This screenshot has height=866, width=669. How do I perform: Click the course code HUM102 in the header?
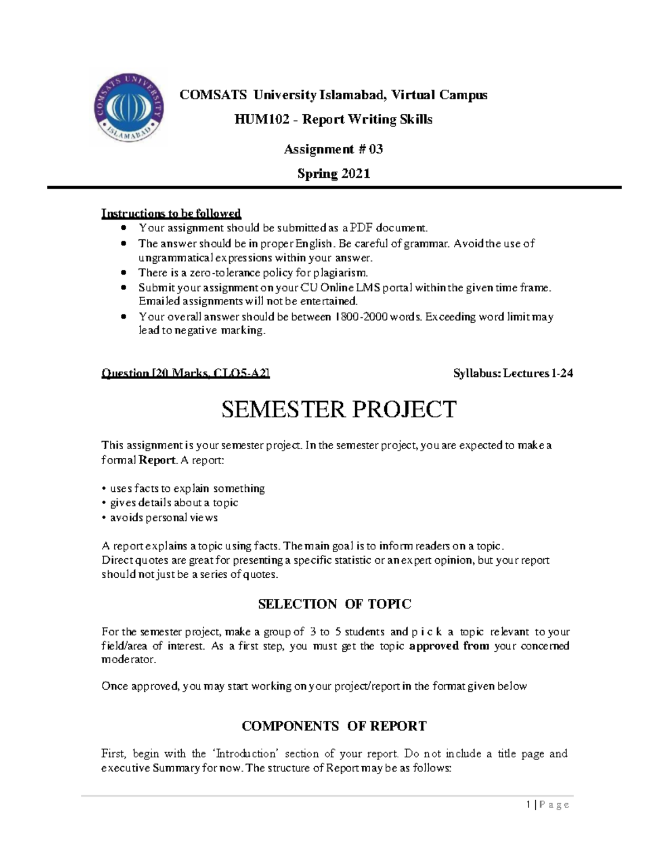[x=254, y=119]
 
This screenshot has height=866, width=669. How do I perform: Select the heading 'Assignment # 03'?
[x=333, y=149]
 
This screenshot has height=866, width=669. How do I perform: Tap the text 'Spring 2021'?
[x=333, y=173]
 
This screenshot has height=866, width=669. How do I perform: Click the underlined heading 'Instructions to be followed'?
[x=171, y=213]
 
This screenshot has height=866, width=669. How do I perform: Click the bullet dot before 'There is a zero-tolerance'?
[x=124, y=273]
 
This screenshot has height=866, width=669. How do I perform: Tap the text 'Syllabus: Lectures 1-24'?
[x=513, y=374]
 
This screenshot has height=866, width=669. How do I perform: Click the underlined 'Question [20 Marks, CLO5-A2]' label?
[x=185, y=374]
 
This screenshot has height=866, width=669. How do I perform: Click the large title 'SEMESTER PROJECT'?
[x=338, y=410]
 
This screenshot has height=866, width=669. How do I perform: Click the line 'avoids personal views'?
[x=163, y=517]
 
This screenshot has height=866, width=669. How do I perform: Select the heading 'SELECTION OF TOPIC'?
[x=334, y=604]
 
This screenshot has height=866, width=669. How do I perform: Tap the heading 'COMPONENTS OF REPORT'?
[x=334, y=726]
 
